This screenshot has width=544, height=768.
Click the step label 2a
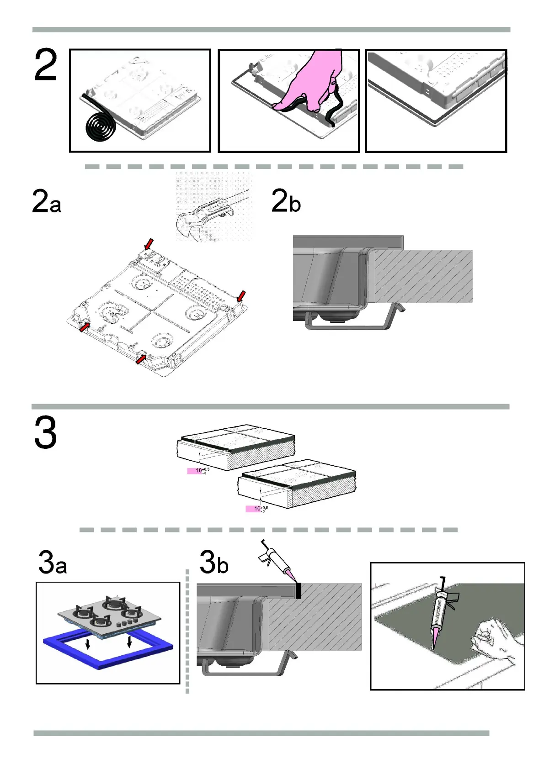pos(46,202)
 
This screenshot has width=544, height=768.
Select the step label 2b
pos(286,201)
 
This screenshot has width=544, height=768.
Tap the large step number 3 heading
pos(45,432)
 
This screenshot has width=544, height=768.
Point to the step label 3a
pos(53,563)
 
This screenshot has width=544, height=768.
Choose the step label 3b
pos(214,563)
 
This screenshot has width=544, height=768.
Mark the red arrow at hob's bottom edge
pos(141,360)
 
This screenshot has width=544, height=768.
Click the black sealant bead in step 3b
pos(298,591)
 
